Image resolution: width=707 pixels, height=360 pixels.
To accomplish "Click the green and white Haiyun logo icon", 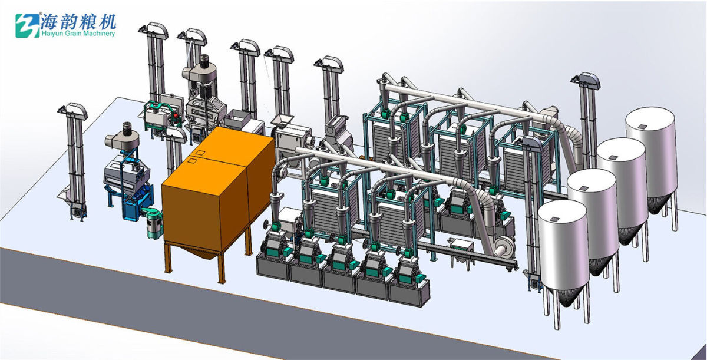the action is pos(28,25).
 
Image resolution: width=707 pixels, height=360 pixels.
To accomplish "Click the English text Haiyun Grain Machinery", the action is pos(78,34).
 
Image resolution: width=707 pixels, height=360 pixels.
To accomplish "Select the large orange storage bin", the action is pos(218,189).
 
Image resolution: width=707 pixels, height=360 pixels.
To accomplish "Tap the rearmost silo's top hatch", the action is pos(642,127).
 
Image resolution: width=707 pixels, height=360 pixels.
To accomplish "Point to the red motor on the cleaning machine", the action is pos(174,118).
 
